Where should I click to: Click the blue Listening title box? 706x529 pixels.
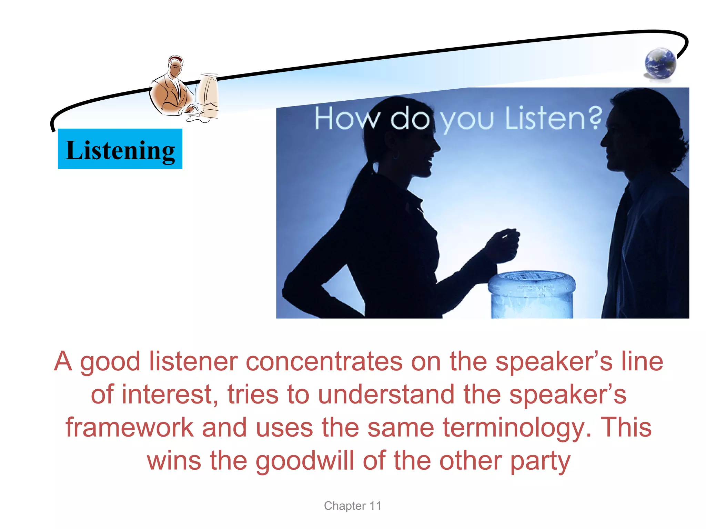point(120,149)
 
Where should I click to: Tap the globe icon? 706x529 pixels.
point(660,64)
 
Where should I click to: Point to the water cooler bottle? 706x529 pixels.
point(532,295)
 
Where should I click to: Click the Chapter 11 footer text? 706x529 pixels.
point(352,506)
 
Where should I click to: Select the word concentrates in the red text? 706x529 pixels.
point(324,361)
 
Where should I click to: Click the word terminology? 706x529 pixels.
point(517,428)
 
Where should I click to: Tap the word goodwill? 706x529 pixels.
point(305,461)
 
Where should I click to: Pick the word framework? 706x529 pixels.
point(130,428)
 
